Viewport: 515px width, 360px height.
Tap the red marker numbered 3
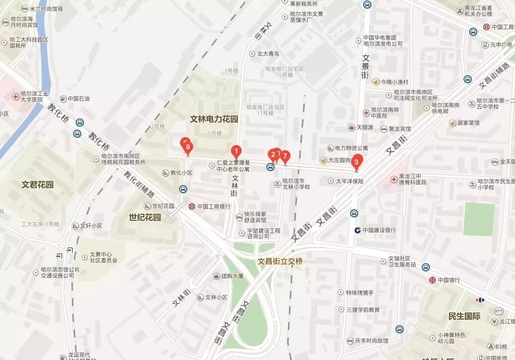click(x=357, y=162)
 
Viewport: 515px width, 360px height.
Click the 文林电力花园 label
click(x=214, y=119)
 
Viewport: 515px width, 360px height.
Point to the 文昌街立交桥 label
click(x=280, y=261)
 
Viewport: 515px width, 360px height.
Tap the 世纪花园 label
click(x=145, y=217)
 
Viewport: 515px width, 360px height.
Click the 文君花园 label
click(x=38, y=185)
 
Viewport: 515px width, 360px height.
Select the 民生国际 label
click(x=464, y=316)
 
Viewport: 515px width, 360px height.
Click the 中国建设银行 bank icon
click(x=357, y=230)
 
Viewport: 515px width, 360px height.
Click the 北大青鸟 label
click(x=268, y=53)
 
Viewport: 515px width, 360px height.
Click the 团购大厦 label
click(x=232, y=276)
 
